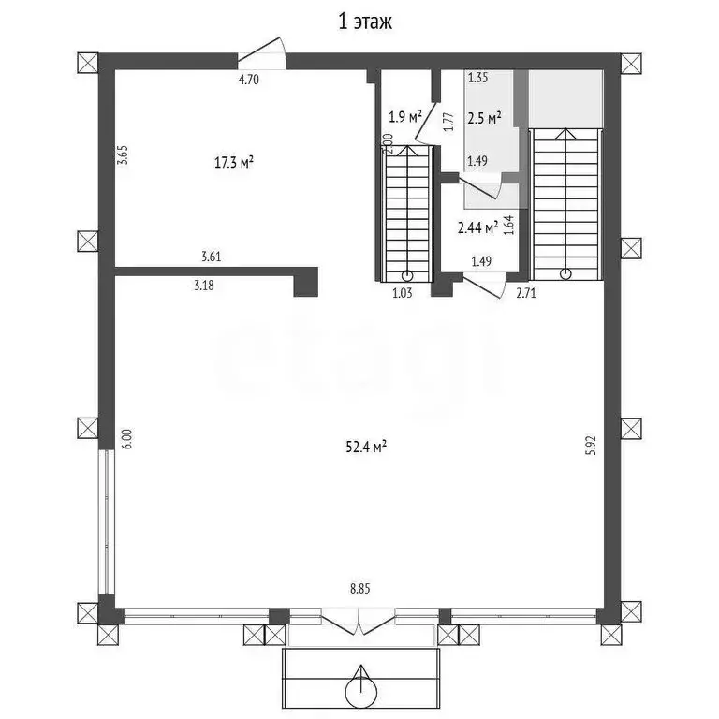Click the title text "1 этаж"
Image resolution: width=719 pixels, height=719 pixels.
coord(365,22)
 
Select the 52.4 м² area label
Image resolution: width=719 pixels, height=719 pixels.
coord(365,447)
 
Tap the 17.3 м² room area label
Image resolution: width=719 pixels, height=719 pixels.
coord(234,162)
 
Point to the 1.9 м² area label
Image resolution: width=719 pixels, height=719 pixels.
coord(404,117)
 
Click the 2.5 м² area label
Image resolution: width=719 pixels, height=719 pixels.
coord(484,118)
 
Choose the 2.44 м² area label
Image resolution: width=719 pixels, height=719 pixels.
coord(478,227)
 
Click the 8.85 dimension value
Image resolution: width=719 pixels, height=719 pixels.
coord(359,589)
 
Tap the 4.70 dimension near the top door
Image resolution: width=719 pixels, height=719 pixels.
coord(248,80)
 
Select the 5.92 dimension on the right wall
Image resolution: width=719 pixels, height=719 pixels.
coord(592,445)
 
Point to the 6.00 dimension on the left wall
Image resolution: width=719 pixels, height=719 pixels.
coord(127,439)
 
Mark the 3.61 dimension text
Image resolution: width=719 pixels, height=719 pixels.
coord(212,257)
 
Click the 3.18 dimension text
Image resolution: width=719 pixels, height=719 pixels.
coord(203,286)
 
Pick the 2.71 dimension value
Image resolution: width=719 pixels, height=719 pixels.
coord(526,292)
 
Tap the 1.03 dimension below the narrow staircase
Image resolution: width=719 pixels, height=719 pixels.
coord(403,292)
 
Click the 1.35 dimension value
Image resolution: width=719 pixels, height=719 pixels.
coord(477,78)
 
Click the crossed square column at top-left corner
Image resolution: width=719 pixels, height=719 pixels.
coord(88,63)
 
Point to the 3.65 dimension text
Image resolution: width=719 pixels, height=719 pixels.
coord(123,155)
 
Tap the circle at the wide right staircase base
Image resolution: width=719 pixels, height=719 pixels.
coord(566,274)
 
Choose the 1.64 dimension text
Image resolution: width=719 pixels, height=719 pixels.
coord(509,226)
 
